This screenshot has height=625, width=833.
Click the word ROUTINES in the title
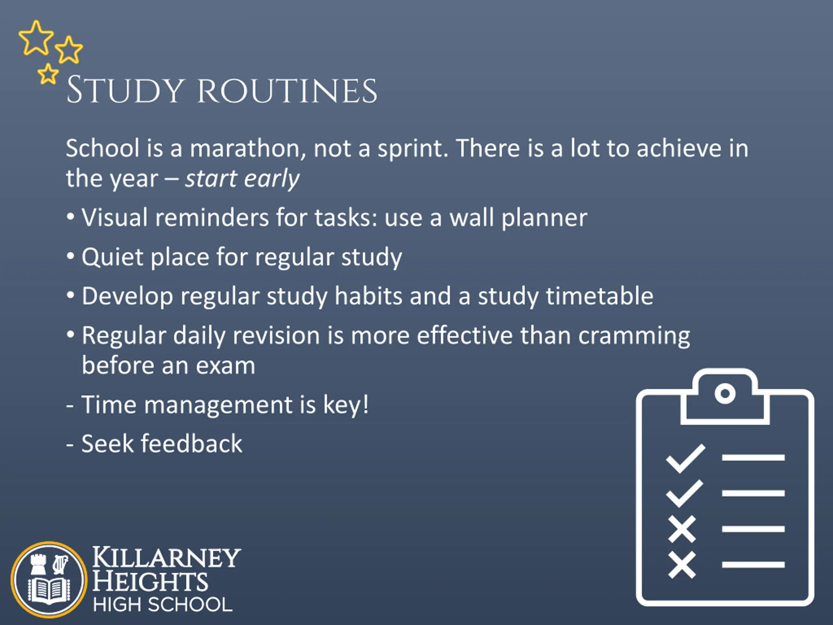(x=287, y=91)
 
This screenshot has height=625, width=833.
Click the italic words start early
(x=242, y=179)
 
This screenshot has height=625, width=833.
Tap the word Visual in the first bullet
(x=115, y=217)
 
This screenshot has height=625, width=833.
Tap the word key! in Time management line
(x=346, y=405)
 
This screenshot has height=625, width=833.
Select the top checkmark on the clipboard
(x=685, y=458)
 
